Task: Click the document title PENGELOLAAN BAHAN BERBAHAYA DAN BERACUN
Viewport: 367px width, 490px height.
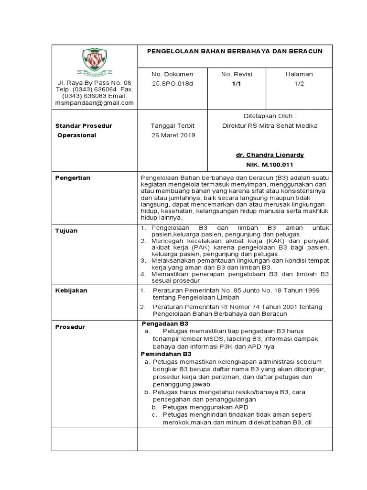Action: coord(234,51)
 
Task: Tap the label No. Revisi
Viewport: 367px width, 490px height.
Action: coord(237,74)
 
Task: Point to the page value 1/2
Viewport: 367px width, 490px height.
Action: coord(299,83)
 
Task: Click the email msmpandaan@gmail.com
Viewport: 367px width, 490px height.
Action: coord(95,103)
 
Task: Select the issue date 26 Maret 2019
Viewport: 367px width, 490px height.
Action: coord(173,135)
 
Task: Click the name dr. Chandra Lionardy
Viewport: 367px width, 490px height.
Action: coord(270,155)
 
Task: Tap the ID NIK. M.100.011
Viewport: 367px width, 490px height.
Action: coord(270,165)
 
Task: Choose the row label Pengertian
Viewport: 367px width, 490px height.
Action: coord(73,178)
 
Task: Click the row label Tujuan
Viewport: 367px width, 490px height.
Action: coord(66,231)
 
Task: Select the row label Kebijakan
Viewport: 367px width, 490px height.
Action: coord(71,290)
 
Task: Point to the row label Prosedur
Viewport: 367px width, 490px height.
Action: coord(71,327)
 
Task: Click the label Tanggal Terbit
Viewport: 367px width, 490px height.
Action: coord(173,126)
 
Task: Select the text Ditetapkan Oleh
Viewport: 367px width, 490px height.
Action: coord(270,116)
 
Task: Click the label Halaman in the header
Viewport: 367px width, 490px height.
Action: coord(299,74)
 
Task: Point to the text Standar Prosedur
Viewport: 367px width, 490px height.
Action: coord(84,126)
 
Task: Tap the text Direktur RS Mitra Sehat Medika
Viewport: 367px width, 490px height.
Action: coord(270,126)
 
